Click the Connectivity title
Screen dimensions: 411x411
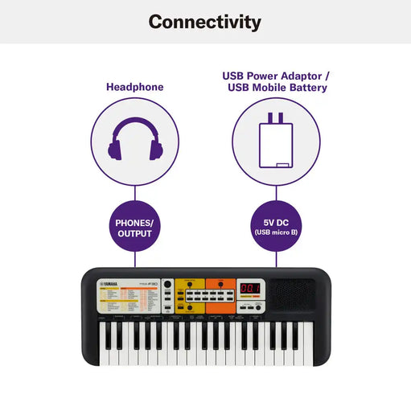pyautogui.click(x=205, y=22)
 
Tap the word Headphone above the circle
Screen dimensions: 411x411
pyautogui.click(x=135, y=87)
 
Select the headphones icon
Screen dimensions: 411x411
pyautogui.click(x=135, y=139)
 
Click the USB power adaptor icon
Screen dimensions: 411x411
pyautogui.click(x=277, y=140)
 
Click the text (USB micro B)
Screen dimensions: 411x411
pyautogui.click(x=277, y=233)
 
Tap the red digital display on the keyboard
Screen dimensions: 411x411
pyautogui.click(x=251, y=289)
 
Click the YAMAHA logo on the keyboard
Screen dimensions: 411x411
pyautogui.click(x=112, y=283)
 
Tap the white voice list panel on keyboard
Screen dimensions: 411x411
pyautogui.click(x=127, y=301)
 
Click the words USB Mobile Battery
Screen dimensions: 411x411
pyautogui.click(x=277, y=87)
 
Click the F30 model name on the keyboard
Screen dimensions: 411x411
pyautogui.click(x=149, y=283)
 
